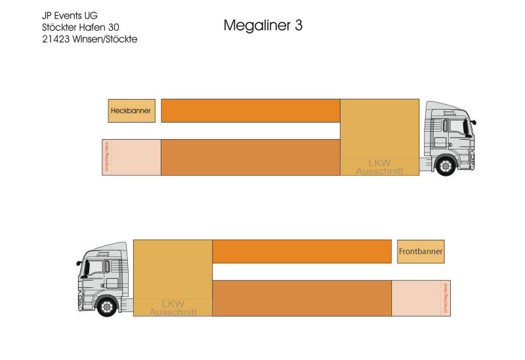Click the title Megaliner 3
pyautogui.click(x=262, y=26)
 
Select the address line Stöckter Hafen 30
pyautogui.click(x=79, y=27)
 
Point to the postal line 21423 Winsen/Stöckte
pyautogui.click(x=89, y=39)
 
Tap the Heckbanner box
pyautogui.click(x=131, y=111)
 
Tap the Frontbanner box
pyautogui.click(x=421, y=251)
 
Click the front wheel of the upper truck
pyautogui.click(x=446, y=167)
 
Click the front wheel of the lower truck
pyautogui.click(x=106, y=307)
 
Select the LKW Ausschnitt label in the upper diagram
pyautogui.click(x=379, y=167)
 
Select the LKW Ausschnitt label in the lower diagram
pyautogui.click(x=173, y=308)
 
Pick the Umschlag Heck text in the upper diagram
pyautogui.click(x=107, y=157)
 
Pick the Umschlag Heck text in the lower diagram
pyautogui.click(x=445, y=298)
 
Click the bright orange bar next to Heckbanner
pyautogui.click(x=250, y=111)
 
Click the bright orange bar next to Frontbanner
pyautogui.click(x=302, y=251)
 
